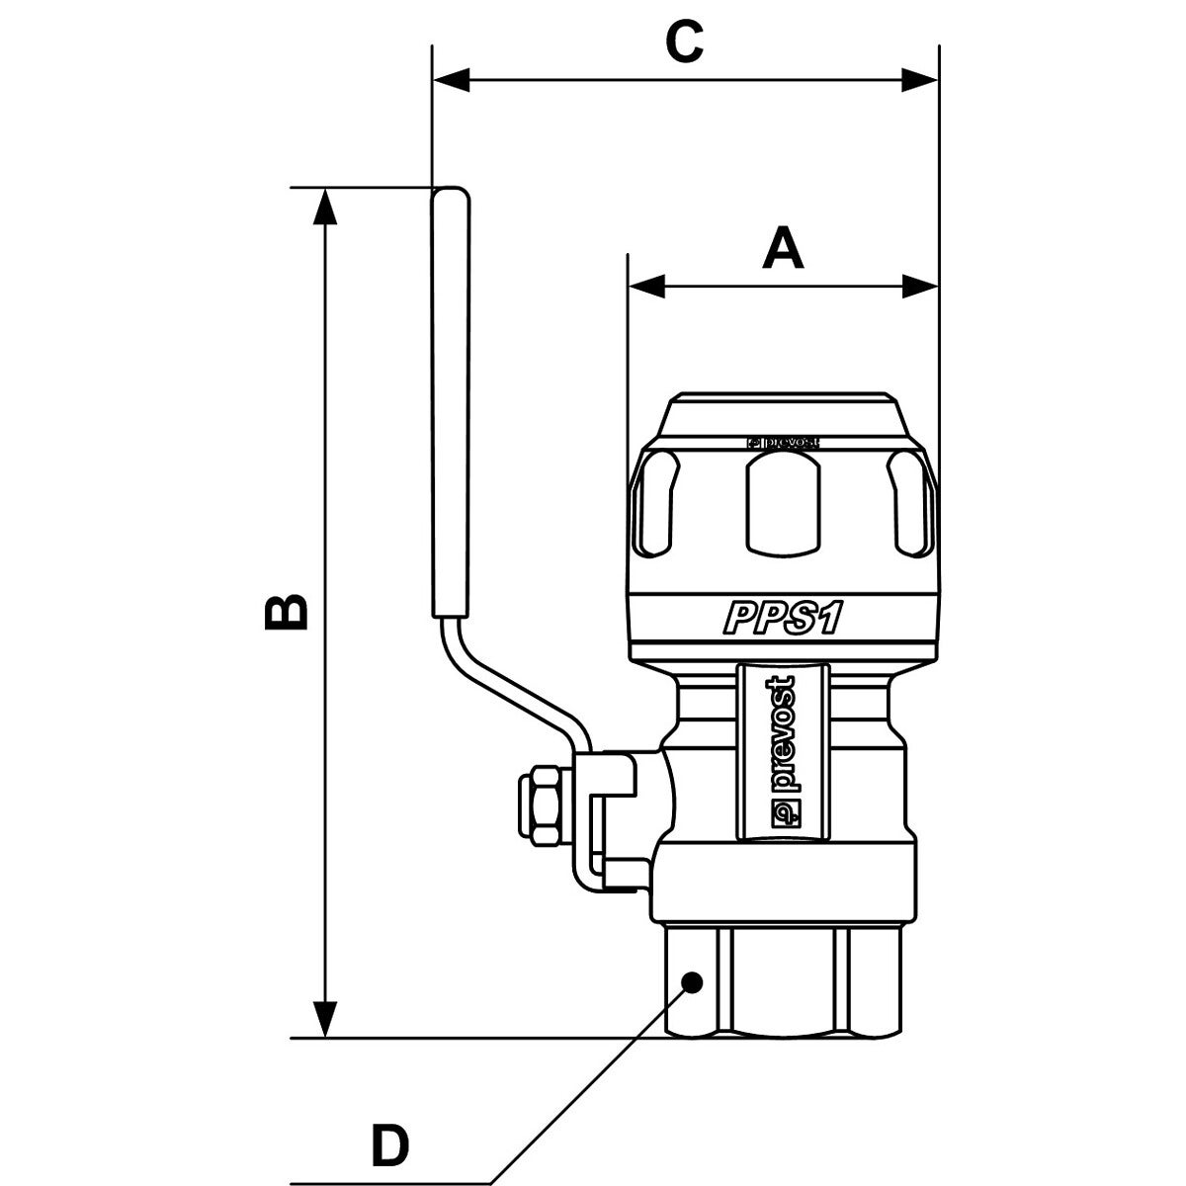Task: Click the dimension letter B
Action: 288,613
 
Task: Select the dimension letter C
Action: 683,42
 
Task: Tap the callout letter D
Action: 389,1146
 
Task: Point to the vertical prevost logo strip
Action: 783,751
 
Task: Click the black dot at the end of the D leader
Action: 692,981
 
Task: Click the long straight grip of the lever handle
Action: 450,395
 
